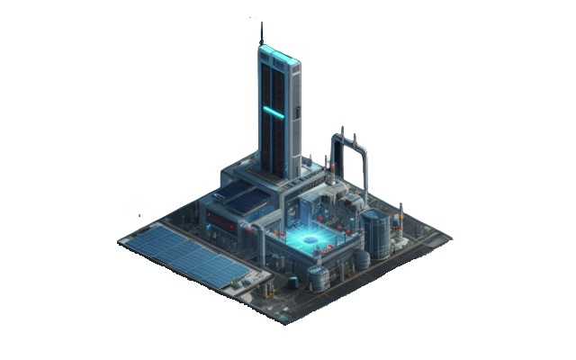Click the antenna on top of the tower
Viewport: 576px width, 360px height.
[x=262, y=33]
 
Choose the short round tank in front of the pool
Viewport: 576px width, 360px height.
[x=319, y=277]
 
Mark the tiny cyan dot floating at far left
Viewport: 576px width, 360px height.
[x=139, y=216]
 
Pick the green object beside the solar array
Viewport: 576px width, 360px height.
[x=237, y=282]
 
